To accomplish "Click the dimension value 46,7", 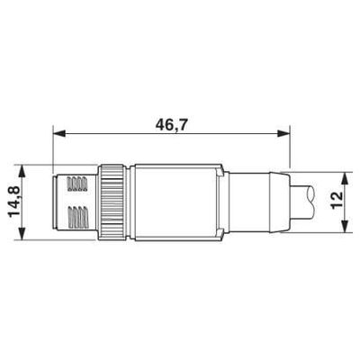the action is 171,124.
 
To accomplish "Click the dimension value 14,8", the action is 14,202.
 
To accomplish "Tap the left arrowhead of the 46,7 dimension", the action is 59,133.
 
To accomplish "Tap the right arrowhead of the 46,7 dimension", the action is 283,133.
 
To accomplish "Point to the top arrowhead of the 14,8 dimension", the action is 22,171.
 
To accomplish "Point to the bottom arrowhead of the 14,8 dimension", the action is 22,233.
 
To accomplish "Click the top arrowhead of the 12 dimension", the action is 346,178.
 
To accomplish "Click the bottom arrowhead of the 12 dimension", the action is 346,227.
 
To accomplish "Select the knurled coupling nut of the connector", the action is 112,202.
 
